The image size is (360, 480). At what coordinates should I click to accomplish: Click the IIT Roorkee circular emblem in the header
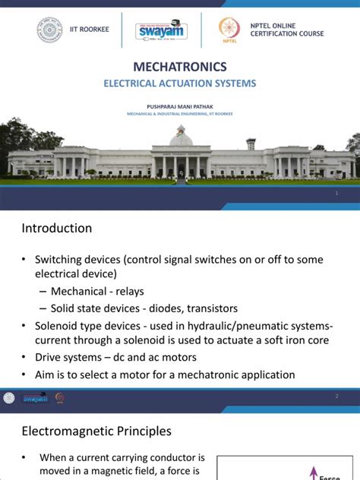[x=50, y=30]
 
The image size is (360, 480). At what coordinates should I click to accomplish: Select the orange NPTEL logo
[x=229, y=29]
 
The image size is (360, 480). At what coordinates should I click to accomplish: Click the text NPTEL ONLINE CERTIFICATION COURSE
[x=286, y=30]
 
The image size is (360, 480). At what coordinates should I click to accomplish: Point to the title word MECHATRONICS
[x=179, y=67]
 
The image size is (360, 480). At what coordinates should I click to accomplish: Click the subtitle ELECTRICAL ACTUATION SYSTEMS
[x=180, y=84]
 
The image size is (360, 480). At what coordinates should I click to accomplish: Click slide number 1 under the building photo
[x=336, y=194]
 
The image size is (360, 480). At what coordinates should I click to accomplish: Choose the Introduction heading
[x=57, y=229]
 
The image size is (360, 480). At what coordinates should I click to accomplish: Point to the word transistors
[x=208, y=308]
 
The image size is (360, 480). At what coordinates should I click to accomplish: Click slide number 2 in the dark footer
[x=336, y=396]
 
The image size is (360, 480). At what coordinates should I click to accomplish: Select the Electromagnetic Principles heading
[x=96, y=431]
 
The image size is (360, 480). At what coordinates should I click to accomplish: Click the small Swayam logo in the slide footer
[x=34, y=397]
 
